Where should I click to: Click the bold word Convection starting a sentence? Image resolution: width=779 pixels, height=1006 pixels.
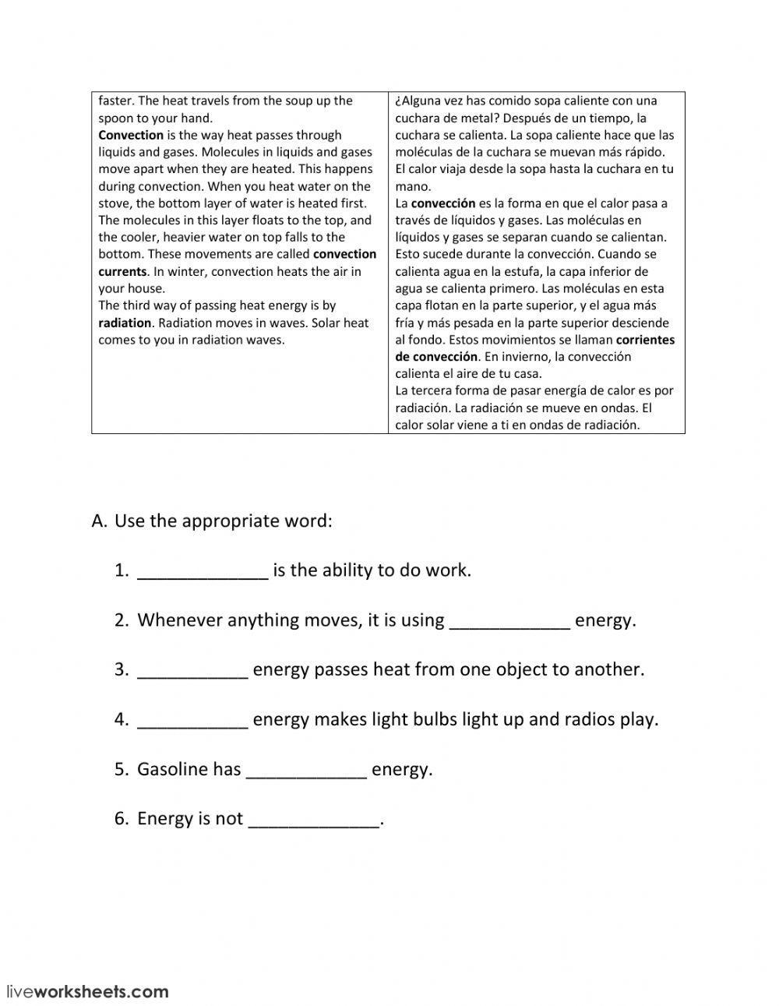(131, 135)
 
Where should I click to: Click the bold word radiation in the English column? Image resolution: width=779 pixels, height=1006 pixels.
(125, 323)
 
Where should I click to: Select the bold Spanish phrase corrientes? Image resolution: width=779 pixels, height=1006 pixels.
(645, 340)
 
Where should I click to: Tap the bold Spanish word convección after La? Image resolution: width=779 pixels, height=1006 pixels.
(443, 203)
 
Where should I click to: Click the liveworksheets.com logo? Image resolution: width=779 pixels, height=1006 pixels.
(87, 991)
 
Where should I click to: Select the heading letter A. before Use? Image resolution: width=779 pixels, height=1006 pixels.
(100, 521)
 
